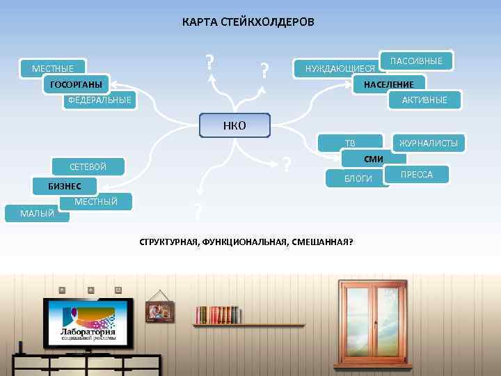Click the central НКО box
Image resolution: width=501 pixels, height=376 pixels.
point(234,125)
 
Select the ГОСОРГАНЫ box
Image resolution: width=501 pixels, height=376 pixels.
point(76,85)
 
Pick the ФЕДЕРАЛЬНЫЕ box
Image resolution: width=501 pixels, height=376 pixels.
point(100,100)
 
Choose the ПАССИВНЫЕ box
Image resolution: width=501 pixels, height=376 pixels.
point(416,61)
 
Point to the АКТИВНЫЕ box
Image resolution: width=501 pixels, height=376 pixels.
point(424,100)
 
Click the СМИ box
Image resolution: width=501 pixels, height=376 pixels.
point(374,159)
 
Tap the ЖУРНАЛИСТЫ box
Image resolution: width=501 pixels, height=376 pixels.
point(427,143)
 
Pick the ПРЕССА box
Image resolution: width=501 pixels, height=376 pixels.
point(416,174)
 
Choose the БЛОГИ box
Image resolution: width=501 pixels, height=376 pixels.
point(358,179)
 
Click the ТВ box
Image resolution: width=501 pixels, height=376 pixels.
point(350,143)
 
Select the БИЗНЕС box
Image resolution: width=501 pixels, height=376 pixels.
point(65,186)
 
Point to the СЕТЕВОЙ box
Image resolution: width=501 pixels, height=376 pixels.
point(88,166)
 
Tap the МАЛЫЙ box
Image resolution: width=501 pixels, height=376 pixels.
point(37,213)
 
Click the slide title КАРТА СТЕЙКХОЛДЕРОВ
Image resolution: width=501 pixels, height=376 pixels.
point(248,22)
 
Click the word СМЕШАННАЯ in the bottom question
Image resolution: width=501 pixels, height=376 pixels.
point(327,242)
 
